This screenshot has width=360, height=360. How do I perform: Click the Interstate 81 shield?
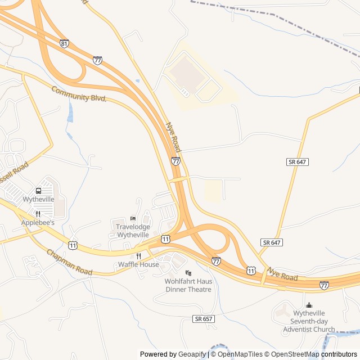[x=64, y=43]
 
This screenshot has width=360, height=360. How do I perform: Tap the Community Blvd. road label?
[x=79, y=94]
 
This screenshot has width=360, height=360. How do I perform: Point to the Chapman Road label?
[x=69, y=263]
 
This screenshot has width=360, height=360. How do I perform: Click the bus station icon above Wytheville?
[x=38, y=191]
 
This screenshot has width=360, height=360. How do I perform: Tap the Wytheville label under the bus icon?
[x=38, y=200]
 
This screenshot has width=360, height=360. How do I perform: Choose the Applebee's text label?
[x=38, y=223]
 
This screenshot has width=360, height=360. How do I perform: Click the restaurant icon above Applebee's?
[x=38, y=214]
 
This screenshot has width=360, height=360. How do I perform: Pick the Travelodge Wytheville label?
[x=133, y=231]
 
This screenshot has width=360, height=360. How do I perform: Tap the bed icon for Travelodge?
[x=133, y=218]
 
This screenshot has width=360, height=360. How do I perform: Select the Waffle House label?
[x=138, y=264]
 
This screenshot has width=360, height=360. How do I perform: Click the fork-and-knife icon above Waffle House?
[x=138, y=255]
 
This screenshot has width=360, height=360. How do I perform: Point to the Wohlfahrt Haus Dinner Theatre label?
[x=188, y=285]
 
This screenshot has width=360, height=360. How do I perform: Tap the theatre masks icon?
[x=188, y=273]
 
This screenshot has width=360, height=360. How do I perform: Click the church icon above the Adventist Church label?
[x=308, y=305]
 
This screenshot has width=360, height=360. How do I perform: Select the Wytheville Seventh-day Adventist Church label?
[x=309, y=321]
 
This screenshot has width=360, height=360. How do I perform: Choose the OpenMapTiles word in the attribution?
[x=240, y=354]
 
